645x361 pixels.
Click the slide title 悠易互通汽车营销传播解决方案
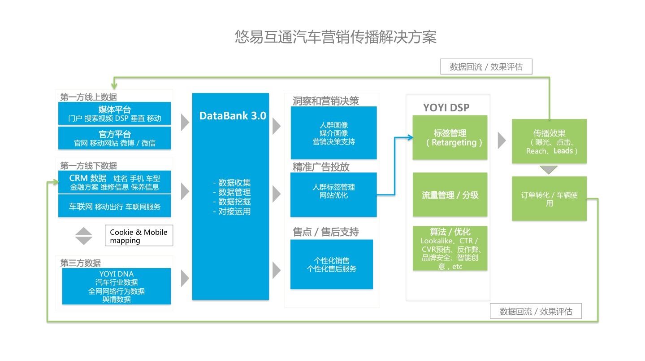coord(335,37)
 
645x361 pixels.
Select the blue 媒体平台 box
coord(114,114)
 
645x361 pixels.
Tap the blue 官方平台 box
coord(114,138)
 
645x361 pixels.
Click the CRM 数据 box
coord(114,182)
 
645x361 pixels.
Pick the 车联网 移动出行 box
coord(114,207)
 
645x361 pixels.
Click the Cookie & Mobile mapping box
coord(139,236)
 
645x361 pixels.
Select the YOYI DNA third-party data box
coord(116,286)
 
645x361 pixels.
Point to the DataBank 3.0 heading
coord(232,116)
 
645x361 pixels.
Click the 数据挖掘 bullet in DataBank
coord(232,202)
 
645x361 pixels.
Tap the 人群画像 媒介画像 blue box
coord(333,133)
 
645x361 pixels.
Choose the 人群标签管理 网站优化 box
coord(333,194)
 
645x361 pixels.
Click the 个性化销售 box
coord(331,264)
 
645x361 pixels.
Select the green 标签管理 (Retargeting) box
coord(450,137)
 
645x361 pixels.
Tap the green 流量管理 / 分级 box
coord(450,195)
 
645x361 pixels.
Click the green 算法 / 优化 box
coord(450,248)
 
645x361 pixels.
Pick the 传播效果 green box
coord(549,141)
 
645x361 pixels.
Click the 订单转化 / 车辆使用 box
coord(549,199)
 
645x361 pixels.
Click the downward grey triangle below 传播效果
coord(549,170)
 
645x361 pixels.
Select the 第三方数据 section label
coord(81,263)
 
